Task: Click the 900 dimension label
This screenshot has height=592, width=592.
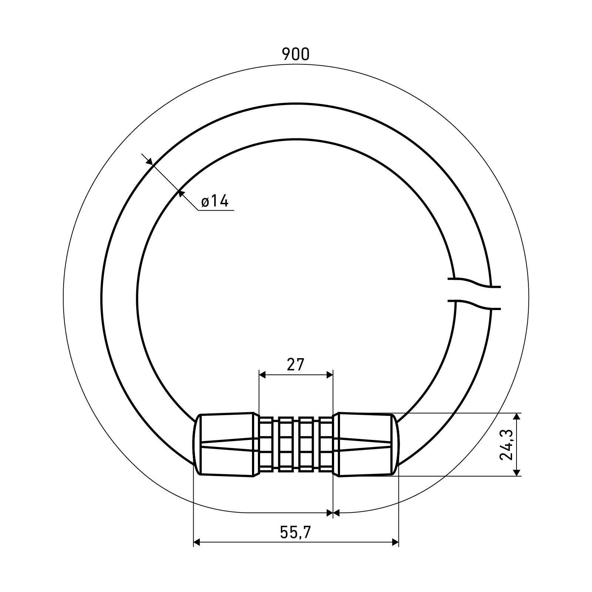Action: point(295,54)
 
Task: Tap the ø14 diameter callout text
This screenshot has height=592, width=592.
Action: point(215,201)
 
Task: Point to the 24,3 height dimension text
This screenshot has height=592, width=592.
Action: point(506,444)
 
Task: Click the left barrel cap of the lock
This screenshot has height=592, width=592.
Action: point(225,444)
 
